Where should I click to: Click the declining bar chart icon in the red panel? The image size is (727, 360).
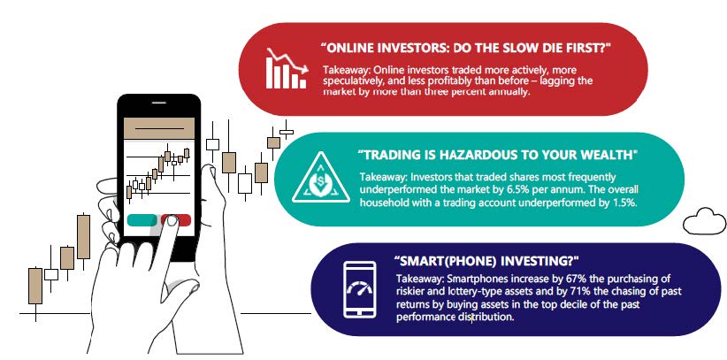tap(287, 68)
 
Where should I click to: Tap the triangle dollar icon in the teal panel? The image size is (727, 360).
tap(321, 178)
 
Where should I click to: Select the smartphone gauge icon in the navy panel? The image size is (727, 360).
tap(359, 289)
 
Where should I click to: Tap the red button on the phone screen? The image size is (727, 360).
tap(176, 220)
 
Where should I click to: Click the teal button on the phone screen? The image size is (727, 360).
tap(142, 220)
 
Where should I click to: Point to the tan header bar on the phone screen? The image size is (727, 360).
tap(159, 128)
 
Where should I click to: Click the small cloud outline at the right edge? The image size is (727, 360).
tap(705, 221)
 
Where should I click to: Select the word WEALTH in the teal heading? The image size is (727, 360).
tap(610, 155)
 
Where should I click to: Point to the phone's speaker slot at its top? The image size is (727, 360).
tap(159, 103)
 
